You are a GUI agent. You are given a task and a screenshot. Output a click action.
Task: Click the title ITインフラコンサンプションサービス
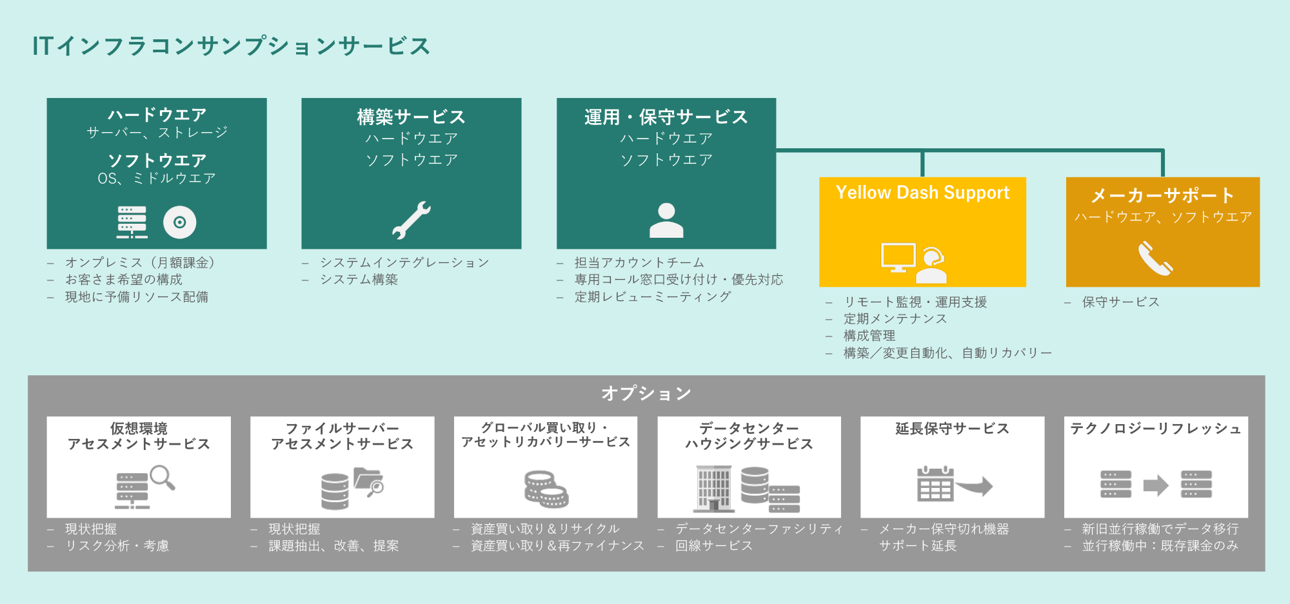click(231, 46)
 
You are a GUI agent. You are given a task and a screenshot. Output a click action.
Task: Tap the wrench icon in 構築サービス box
click(412, 220)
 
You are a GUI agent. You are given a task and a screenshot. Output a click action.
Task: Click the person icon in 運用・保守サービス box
click(666, 220)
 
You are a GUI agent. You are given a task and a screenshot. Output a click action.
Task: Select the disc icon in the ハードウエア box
click(180, 222)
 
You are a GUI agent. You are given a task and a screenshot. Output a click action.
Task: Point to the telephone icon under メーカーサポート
click(1155, 258)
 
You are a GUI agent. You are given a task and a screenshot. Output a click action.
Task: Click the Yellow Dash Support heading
click(922, 193)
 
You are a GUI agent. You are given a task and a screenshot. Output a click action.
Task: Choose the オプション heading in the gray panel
click(646, 393)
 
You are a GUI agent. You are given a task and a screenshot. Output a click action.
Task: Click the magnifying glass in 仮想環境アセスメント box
click(163, 478)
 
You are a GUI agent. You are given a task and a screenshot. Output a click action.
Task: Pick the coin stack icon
click(546, 489)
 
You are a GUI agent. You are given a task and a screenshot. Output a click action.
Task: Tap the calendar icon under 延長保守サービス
click(935, 483)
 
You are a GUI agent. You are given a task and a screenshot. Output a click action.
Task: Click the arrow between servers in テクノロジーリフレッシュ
click(1156, 485)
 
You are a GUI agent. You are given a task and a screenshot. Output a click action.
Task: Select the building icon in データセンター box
click(714, 488)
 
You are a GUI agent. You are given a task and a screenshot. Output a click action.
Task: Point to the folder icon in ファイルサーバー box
click(369, 482)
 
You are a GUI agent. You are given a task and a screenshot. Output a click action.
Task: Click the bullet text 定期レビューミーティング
click(653, 297)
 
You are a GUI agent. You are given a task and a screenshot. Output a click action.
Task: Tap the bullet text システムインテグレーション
click(404, 262)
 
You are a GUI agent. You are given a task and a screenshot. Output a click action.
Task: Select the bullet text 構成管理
click(869, 336)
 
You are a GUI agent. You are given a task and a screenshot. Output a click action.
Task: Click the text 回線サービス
click(714, 545)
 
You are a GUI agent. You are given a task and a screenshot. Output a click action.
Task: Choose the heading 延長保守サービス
click(952, 429)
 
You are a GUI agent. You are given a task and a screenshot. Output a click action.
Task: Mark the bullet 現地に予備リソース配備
click(137, 297)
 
